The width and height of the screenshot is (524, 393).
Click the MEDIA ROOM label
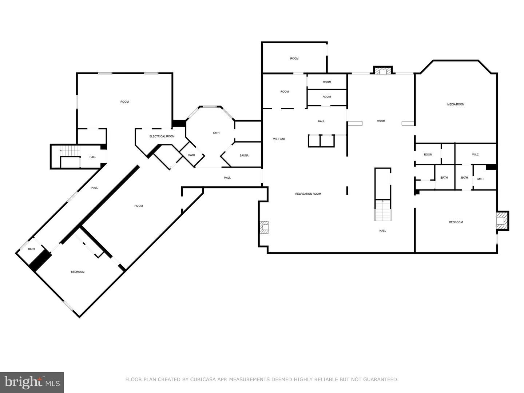[x=456, y=104]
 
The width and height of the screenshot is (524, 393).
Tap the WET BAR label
[x=279, y=139]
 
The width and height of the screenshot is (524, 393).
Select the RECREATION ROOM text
[x=308, y=194]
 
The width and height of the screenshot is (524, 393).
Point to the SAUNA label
[x=244, y=156]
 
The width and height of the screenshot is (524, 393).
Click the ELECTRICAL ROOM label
[x=162, y=136]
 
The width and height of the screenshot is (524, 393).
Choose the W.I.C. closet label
[x=476, y=155]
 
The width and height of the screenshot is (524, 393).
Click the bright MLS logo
[x=32, y=382]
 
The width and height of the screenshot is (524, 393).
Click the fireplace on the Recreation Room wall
[x=263, y=227]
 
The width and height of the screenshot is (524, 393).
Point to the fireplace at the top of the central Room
[x=382, y=71]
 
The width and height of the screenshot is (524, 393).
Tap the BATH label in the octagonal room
[x=216, y=133]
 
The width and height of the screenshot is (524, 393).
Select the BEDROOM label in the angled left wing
[x=78, y=272]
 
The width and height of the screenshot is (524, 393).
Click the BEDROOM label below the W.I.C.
[x=456, y=222]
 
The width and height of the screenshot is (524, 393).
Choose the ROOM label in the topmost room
[x=294, y=59]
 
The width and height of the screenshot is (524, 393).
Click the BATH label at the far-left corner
[x=32, y=249]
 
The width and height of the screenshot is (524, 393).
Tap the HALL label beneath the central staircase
[x=382, y=231]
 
